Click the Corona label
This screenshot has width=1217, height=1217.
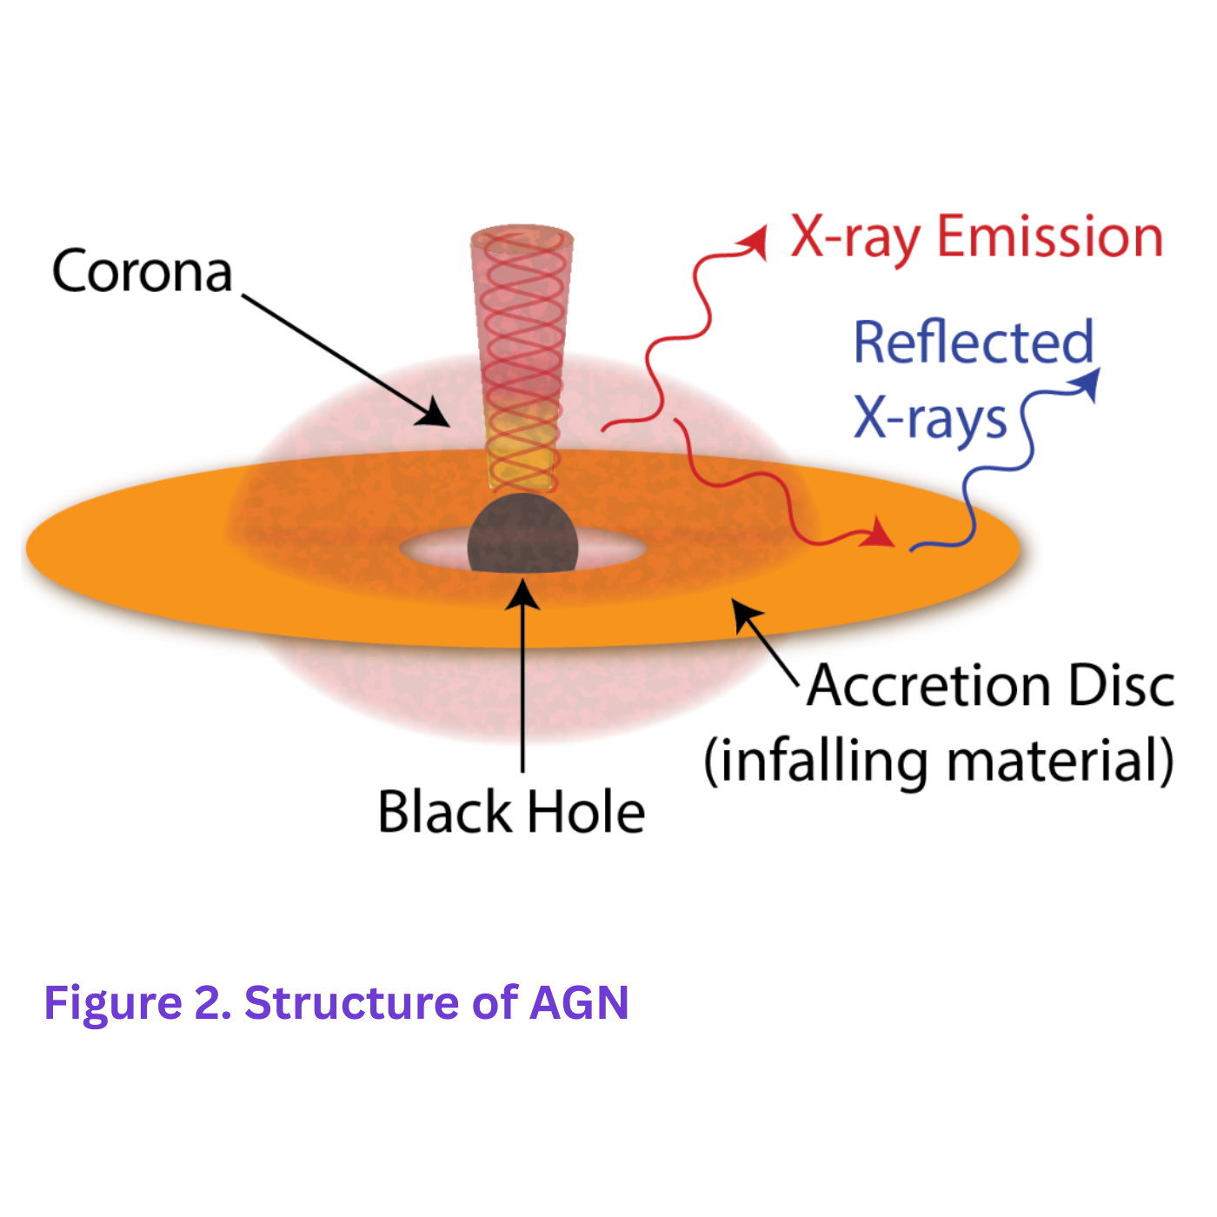click(x=142, y=271)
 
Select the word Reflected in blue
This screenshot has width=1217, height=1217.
click(x=974, y=342)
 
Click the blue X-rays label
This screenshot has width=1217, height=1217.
click(x=929, y=420)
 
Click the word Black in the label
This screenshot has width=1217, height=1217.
click(x=444, y=812)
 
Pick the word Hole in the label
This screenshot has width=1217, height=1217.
click(x=586, y=812)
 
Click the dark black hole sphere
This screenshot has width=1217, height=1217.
click(x=522, y=534)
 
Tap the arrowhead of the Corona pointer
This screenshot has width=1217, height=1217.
click(x=435, y=414)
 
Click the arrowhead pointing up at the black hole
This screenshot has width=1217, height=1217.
click(x=523, y=594)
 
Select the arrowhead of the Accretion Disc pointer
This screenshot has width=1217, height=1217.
click(x=745, y=614)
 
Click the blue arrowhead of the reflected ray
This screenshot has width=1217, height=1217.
click(x=1087, y=383)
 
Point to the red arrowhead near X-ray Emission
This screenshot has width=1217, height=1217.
click(x=754, y=242)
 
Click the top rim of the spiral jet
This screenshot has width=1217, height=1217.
click(x=522, y=235)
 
